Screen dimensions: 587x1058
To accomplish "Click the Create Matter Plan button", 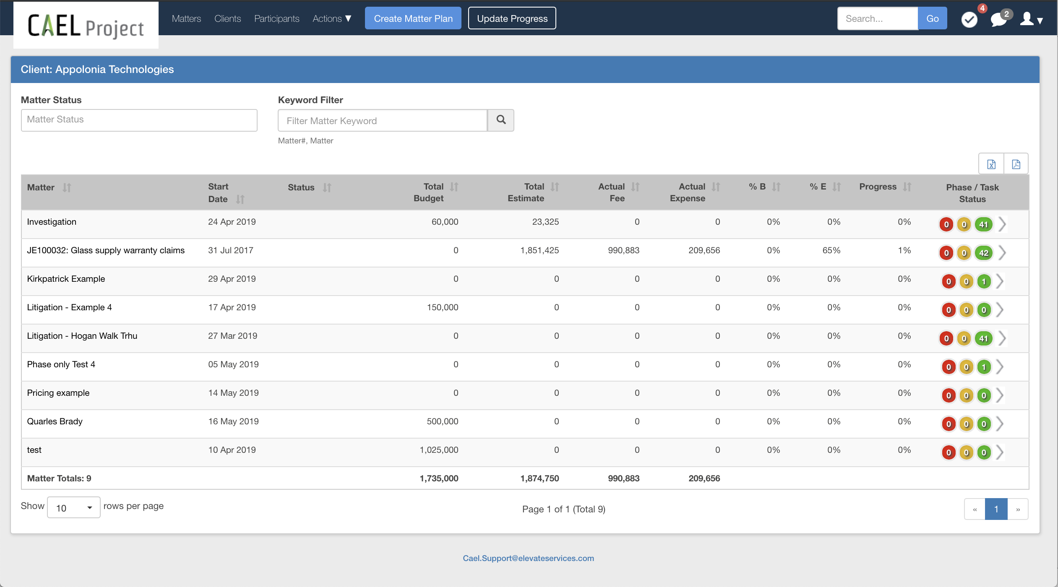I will pos(413,18).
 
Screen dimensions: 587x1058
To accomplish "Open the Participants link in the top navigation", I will pos(276,18).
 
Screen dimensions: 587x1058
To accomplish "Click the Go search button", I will pos(932,18).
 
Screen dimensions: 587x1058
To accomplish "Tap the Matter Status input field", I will pos(139,120).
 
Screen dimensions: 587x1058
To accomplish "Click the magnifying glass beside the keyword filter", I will pos(501,120).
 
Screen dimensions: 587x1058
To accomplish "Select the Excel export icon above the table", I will pos(991,164).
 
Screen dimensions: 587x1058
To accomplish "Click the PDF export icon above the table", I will pos(1016,164).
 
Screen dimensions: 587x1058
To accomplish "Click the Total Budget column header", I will pos(429,192).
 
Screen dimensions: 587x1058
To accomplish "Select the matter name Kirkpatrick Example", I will pos(66,279).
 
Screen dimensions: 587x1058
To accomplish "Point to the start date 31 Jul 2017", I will pos(231,250).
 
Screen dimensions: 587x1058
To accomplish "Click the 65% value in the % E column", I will pos(831,250).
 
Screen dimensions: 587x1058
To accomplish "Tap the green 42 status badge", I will pos(983,253).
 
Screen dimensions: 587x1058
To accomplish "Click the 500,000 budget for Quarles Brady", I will pos(442,421).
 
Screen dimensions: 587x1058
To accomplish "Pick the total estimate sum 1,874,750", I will pos(539,478).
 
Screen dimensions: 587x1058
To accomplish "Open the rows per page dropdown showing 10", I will pos(73,508).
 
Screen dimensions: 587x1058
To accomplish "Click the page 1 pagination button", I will pos(996,509).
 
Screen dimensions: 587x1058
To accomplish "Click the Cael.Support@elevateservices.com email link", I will pos(528,558).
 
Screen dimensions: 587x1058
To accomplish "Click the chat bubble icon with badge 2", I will pos(998,19).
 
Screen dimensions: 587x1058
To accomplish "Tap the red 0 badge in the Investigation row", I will pos(946,224).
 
